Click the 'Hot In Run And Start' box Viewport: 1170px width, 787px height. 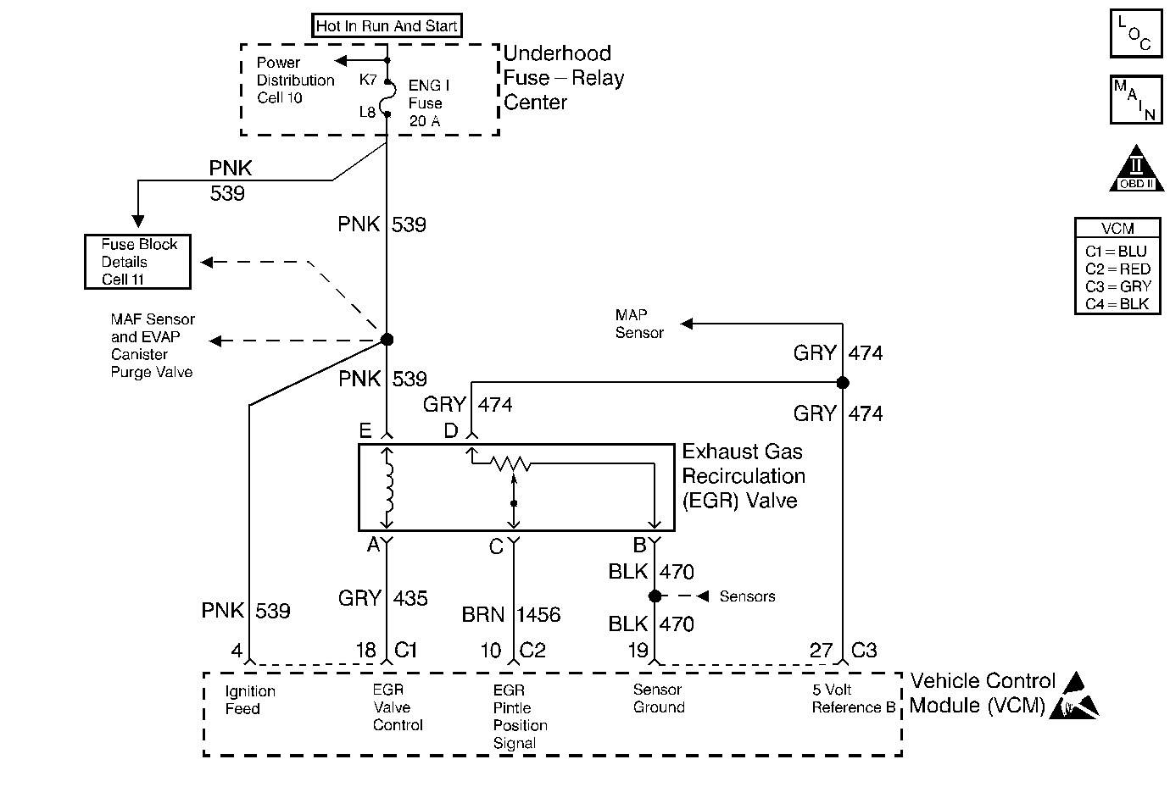click(387, 26)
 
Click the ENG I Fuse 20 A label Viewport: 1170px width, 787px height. click(428, 103)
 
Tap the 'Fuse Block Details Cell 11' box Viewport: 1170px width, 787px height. click(137, 262)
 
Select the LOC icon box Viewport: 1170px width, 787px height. click(1135, 34)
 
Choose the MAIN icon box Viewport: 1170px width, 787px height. click(1135, 100)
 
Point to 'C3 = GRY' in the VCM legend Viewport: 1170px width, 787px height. click(1117, 286)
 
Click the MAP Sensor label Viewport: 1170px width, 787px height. click(639, 324)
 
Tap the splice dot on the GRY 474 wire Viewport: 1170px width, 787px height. click(843, 383)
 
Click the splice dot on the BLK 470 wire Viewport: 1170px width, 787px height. click(655, 596)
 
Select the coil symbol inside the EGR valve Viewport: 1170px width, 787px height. click(389, 487)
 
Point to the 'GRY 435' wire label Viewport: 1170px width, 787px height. click(383, 598)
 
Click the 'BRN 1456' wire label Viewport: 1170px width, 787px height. click(510, 614)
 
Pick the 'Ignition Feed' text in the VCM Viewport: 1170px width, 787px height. click(249, 700)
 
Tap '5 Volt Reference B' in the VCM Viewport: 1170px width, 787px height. click(853, 699)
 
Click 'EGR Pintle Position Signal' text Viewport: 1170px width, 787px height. click(520, 717)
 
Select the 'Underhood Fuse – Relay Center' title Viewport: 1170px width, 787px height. click(563, 78)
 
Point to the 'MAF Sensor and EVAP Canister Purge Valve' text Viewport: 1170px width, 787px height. click(153, 346)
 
